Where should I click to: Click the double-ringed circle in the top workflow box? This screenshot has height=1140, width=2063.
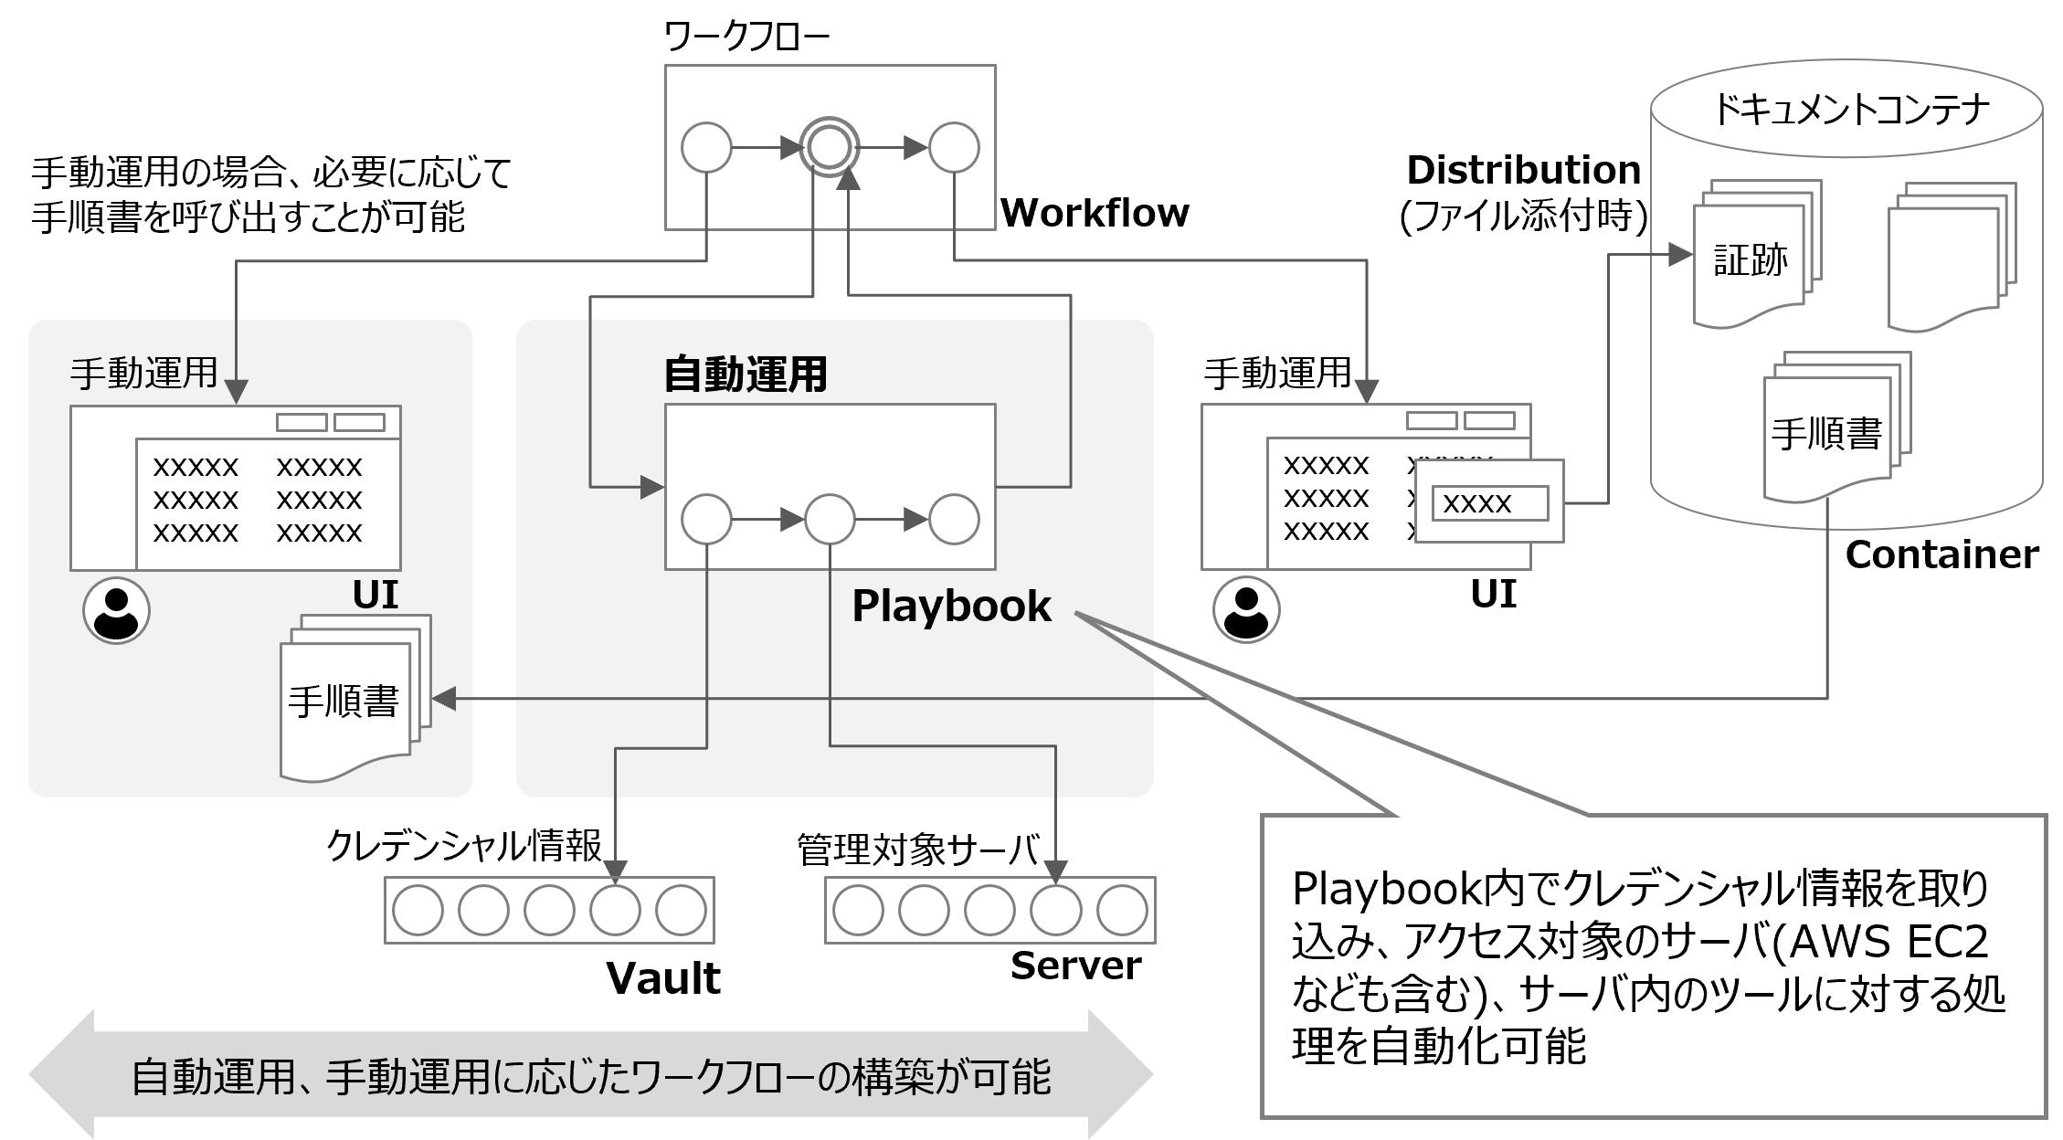click(830, 148)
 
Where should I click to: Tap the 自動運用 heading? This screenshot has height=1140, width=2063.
click(745, 375)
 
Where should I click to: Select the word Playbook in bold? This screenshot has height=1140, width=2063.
click(951, 607)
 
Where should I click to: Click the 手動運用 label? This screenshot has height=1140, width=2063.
click(143, 374)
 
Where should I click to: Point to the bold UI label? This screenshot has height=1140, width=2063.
click(376, 596)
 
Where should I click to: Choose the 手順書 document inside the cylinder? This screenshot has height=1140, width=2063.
click(1827, 433)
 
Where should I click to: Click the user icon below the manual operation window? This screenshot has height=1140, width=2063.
click(116, 610)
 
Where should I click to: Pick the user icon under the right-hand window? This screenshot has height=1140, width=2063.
click(1246, 609)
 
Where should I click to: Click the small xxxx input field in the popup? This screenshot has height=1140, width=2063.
click(1489, 503)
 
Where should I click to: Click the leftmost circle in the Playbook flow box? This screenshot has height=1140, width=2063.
click(706, 520)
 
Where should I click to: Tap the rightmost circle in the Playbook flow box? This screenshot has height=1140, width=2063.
click(954, 520)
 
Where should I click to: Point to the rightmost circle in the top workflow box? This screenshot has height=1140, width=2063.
click(954, 148)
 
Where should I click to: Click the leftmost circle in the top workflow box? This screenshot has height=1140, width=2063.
click(706, 148)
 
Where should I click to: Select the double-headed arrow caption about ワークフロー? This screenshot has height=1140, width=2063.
click(591, 1077)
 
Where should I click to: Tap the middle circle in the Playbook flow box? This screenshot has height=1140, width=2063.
click(830, 520)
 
